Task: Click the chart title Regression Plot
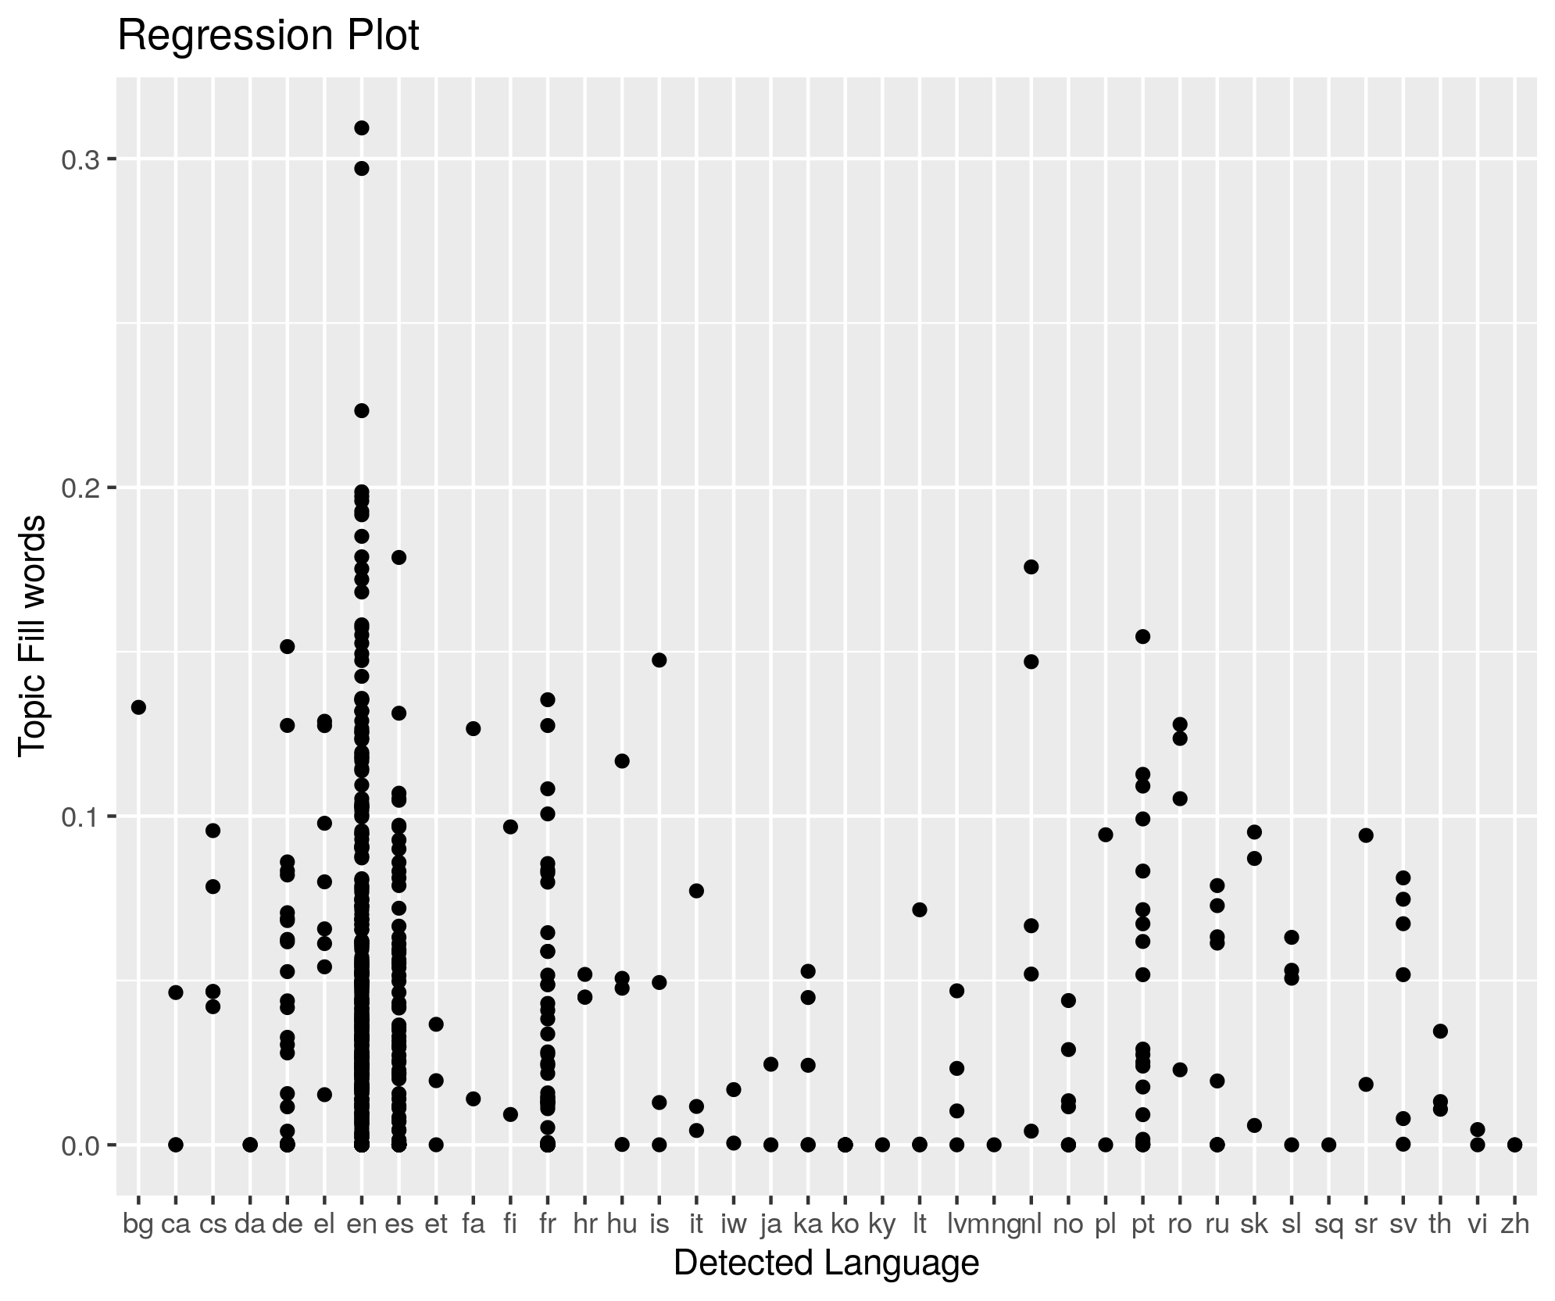[268, 37]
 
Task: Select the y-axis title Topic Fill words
[33, 635]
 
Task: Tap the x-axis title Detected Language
[826, 1263]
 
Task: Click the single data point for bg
[138, 707]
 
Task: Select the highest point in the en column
[362, 128]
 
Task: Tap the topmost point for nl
[1031, 567]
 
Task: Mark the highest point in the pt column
[1142, 636]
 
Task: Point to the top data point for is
[659, 659]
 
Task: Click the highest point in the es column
[399, 557]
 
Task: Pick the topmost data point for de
[287, 646]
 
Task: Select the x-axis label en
[362, 1224]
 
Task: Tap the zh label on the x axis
[1514, 1224]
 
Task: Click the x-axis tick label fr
[547, 1224]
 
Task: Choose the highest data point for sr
[1366, 835]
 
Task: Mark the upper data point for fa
[473, 728]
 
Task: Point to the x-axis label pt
[1142, 1224]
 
